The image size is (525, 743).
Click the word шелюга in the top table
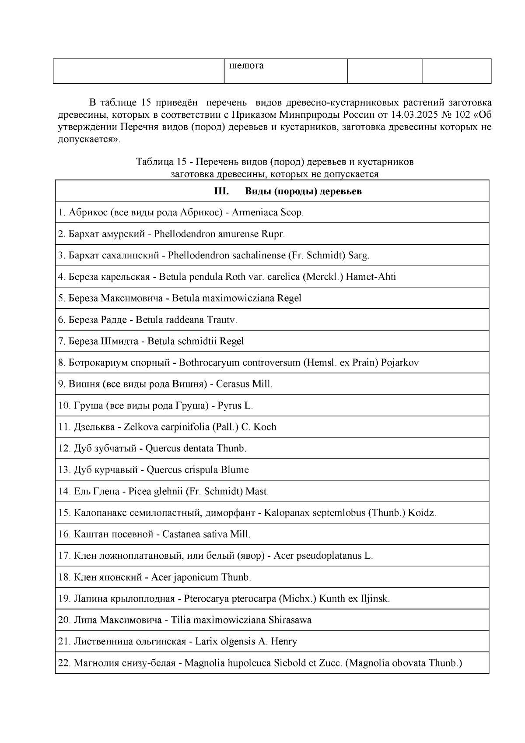(246, 66)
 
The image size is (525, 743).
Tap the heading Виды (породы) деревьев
(303, 192)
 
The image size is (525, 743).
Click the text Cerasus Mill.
(244, 384)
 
